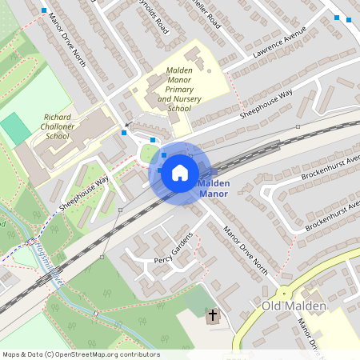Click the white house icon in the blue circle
tap(180, 172)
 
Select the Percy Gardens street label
tap(174, 250)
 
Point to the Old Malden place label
tap(294, 307)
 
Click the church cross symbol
tap(214, 316)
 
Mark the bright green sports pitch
tap(14, 129)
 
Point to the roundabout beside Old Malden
tap(283, 292)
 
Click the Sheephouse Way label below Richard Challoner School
tap(82, 194)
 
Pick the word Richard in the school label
tap(58, 117)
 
